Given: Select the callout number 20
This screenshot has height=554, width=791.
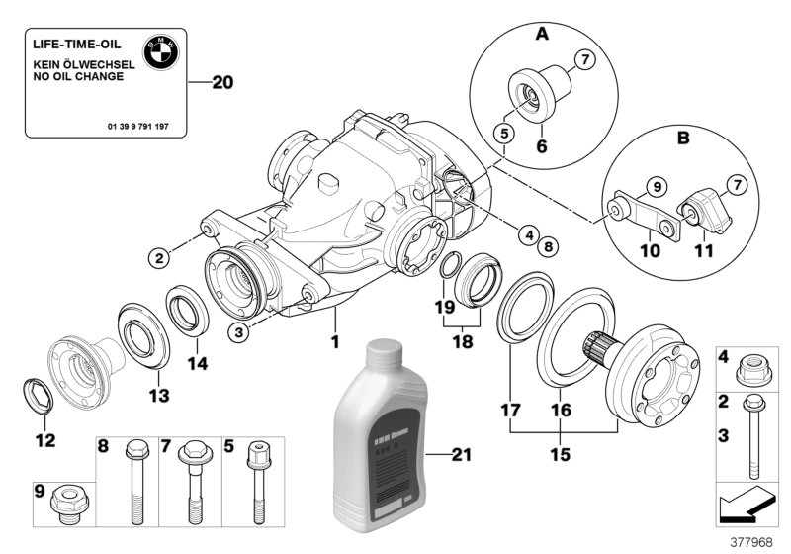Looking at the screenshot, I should [x=222, y=84].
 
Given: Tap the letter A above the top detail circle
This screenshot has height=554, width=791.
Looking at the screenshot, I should [x=542, y=34].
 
